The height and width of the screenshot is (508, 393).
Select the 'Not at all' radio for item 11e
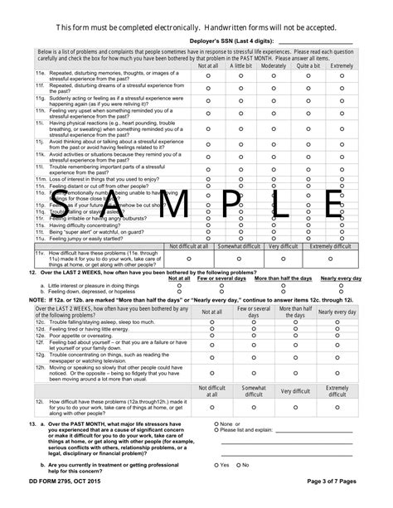[211, 75]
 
